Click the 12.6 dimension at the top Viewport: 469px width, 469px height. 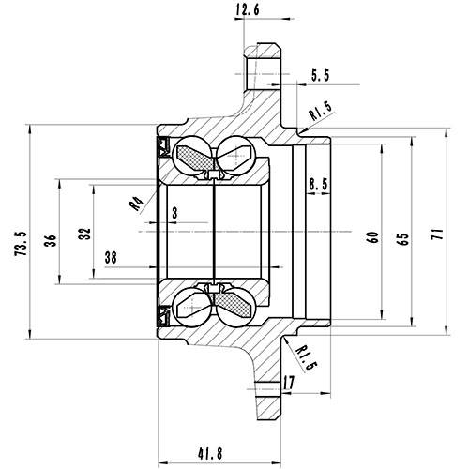pos(246,11)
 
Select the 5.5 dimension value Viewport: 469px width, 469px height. pos(318,72)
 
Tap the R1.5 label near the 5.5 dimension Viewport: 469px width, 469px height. pos(322,113)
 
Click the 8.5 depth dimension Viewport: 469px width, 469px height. pos(318,185)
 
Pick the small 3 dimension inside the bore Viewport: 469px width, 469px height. pos(174,214)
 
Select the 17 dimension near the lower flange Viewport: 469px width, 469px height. pos(289,383)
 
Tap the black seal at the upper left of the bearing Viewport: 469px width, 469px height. pos(160,146)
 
